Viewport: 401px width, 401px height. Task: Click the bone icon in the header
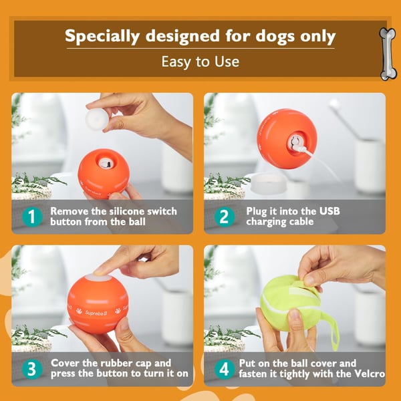pyautogui.click(x=387, y=53)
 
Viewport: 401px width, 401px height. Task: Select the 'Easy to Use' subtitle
pyautogui.click(x=200, y=61)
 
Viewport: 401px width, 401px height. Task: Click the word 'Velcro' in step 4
pyautogui.click(x=366, y=374)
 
